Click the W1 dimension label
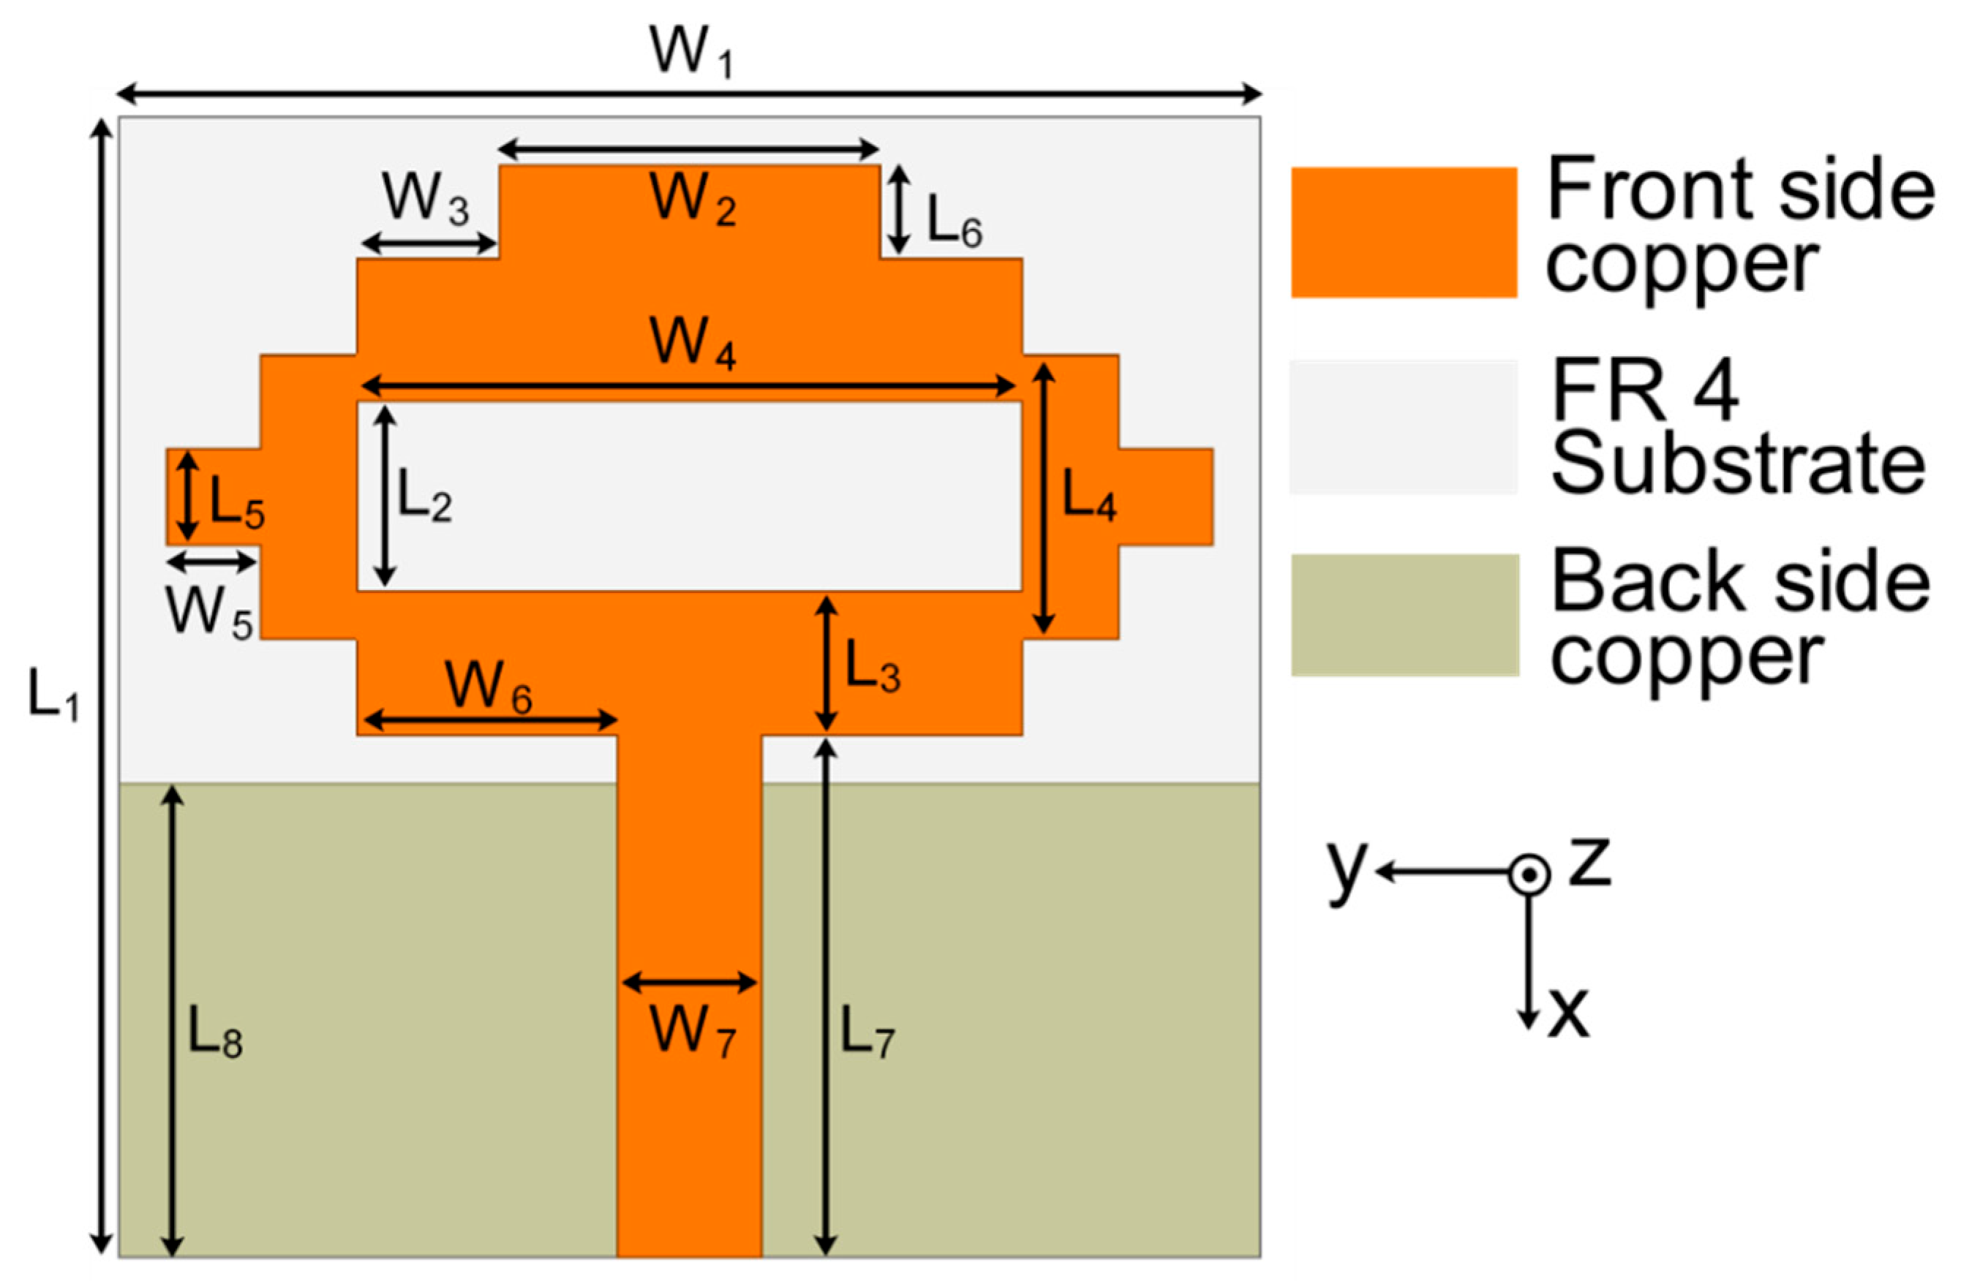(x=690, y=52)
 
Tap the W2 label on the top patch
(x=692, y=200)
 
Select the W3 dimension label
(x=425, y=200)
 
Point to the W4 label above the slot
(x=692, y=343)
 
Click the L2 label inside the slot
(x=424, y=496)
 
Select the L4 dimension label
(x=1088, y=496)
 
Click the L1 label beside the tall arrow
(x=53, y=695)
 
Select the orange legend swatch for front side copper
(x=1403, y=233)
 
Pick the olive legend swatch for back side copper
(x=1404, y=616)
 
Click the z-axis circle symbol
(x=1529, y=875)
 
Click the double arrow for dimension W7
(x=690, y=982)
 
